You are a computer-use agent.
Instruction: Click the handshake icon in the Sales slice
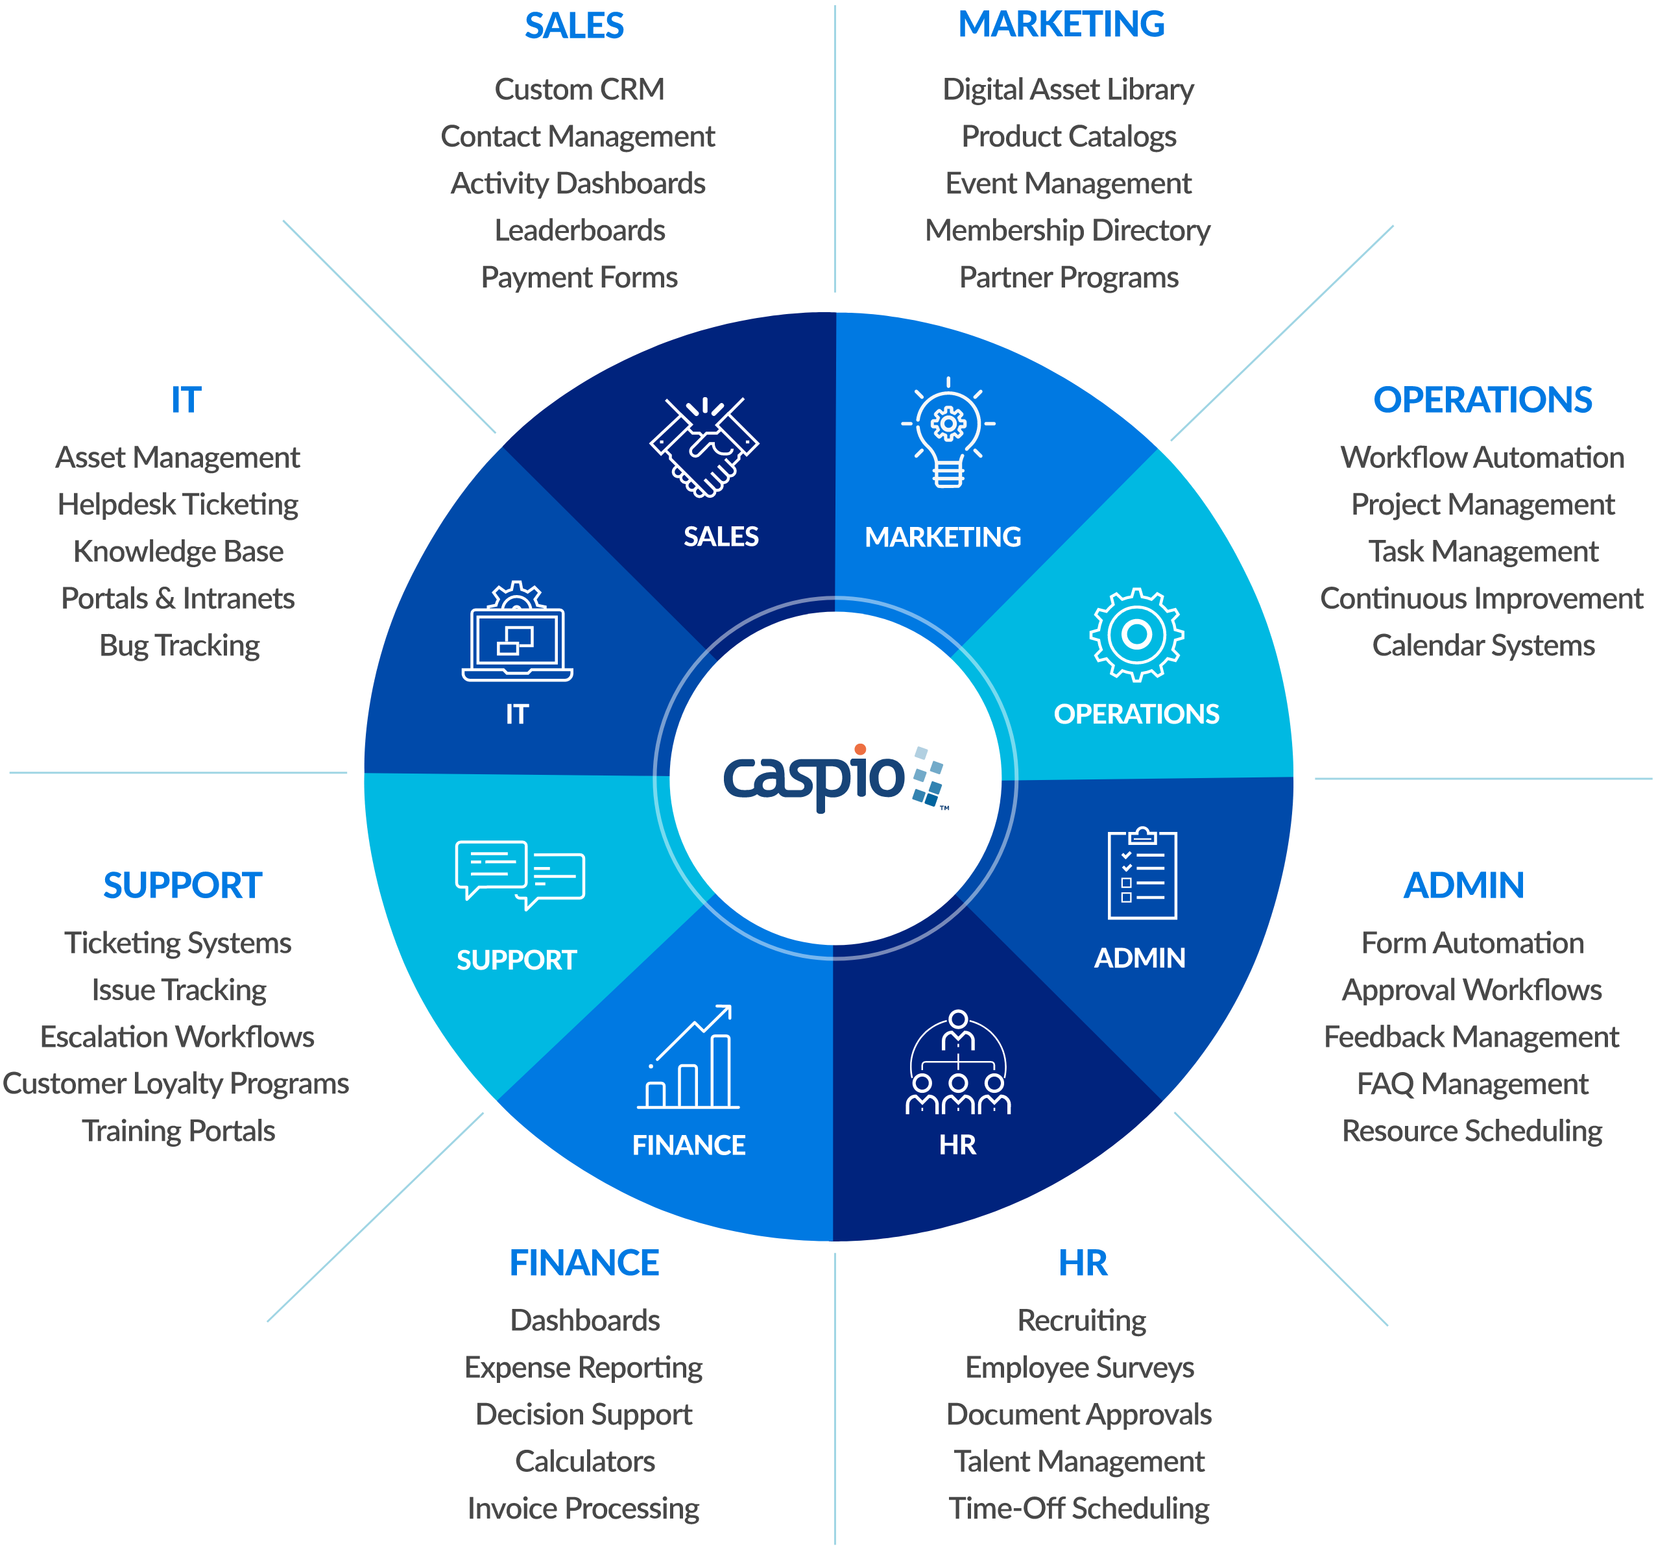click(704, 448)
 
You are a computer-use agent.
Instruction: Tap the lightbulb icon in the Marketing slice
click(948, 432)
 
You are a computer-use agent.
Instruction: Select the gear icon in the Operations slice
click(1136, 635)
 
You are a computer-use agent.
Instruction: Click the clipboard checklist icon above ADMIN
click(1142, 873)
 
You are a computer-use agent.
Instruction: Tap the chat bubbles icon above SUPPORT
click(520, 875)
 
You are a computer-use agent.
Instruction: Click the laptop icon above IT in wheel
click(517, 633)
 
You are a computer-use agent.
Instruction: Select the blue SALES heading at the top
click(574, 26)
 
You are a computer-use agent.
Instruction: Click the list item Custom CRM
click(579, 89)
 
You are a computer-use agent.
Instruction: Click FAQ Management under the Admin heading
click(1472, 1084)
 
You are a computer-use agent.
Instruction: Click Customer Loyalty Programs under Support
click(176, 1084)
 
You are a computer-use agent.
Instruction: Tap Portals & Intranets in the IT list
click(178, 598)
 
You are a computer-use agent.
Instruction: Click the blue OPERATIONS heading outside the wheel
click(1482, 400)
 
